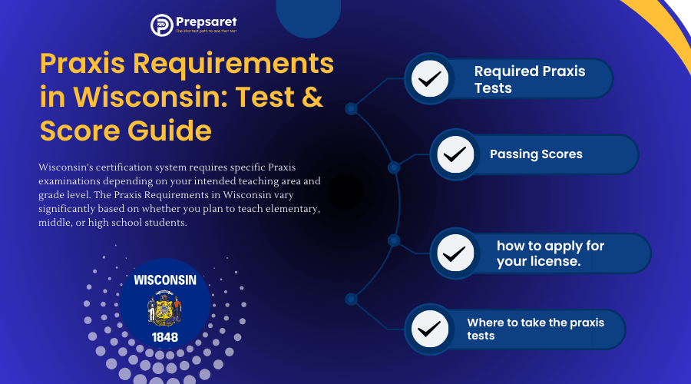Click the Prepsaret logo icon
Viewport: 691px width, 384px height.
(x=160, y=25)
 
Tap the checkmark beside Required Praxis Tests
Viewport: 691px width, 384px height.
(x=430, y=78)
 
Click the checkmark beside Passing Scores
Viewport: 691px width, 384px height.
(x=455, y=154)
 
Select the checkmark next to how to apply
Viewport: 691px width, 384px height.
(x=455, y=253)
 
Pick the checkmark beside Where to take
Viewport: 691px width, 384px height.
(x=430, y=329)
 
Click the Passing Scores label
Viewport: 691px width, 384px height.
(x=536, y=154)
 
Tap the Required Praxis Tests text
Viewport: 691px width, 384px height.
(x=530, y=79)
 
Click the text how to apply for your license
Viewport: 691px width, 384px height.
(x=550, y=253)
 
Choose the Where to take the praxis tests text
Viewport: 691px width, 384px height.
(x=535, y=329)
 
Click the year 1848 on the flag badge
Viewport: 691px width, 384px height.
(x=164, y=336)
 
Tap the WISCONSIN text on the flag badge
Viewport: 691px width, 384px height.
(x=164, y=280)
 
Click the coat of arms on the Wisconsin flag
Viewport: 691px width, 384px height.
(x=164, y=309)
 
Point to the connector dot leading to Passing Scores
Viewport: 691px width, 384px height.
(x=394, y=167)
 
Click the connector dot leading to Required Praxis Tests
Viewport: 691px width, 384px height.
(x=351, y=109)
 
